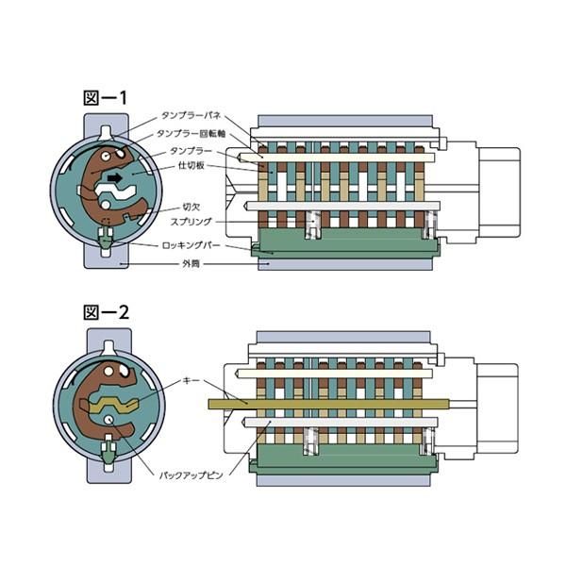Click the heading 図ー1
tap(106, 97)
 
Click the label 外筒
tap(190, 264)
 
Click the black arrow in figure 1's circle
tap(115, 176)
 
